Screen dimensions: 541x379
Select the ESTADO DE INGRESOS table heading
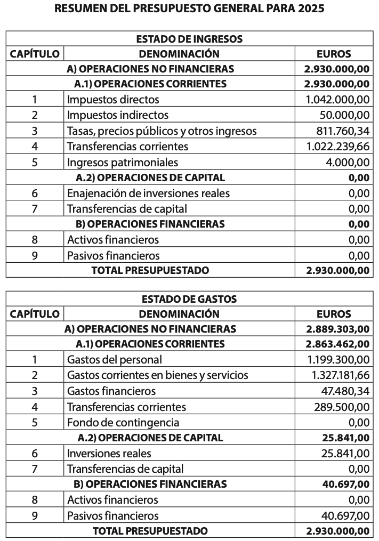click(189, 39)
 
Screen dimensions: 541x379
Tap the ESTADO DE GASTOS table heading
click(189, 299)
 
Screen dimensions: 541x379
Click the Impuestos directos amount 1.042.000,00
click(337, 100)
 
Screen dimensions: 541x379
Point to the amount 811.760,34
click(341, 131)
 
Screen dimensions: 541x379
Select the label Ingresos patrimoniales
click(123, 162)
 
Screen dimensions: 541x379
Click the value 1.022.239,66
click(337, 147)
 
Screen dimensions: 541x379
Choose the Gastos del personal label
click(115, 360)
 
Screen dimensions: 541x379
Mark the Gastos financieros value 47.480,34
click(345, 391)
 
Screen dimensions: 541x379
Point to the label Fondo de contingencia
click(123, 423)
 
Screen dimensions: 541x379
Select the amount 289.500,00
click(341, 407)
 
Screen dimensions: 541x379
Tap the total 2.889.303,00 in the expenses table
click(337, 329)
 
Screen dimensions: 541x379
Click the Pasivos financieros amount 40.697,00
click(345, 515)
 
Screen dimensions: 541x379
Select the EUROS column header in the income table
click(334, 54)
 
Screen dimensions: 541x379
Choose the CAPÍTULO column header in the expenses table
click(35, 314)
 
